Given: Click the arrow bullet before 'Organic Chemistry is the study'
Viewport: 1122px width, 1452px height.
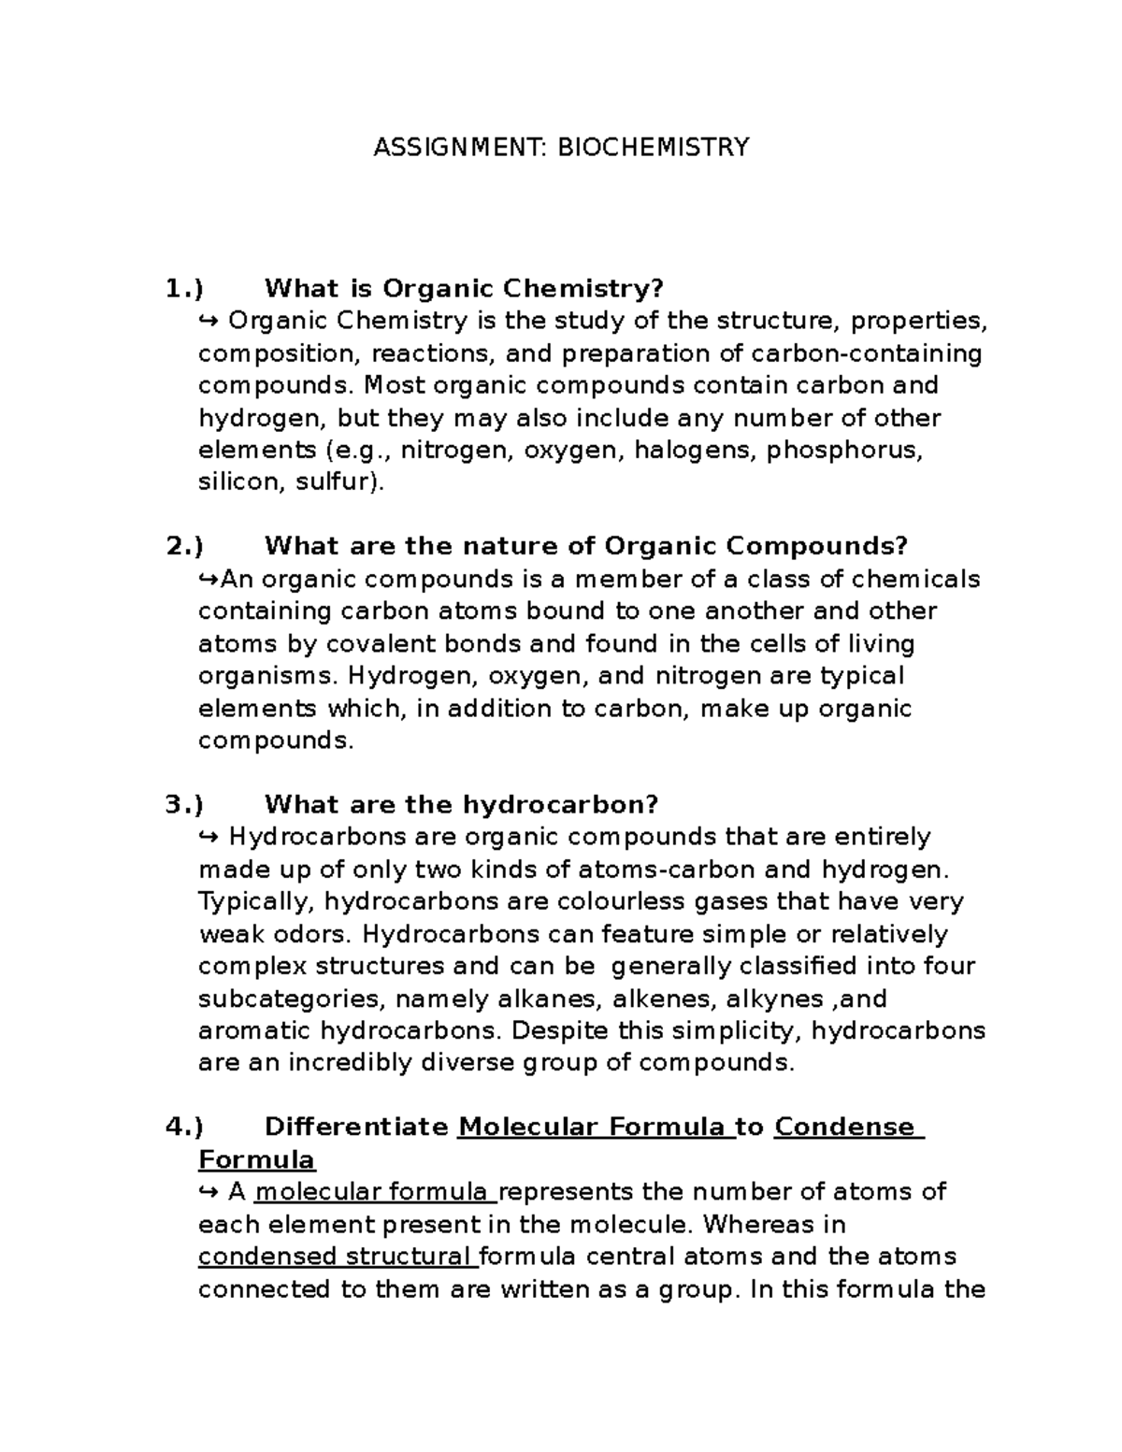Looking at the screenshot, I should pyautogui.click(x=209, y=321).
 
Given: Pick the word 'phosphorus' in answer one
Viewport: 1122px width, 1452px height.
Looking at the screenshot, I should pyautogui.click(x=844, y=450).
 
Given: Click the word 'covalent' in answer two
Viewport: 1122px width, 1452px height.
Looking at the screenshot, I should pyautogui.click(x=386, y=644).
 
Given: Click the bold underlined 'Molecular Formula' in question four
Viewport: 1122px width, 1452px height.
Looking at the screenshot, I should pyautogui.click(x=595, y=1127).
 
